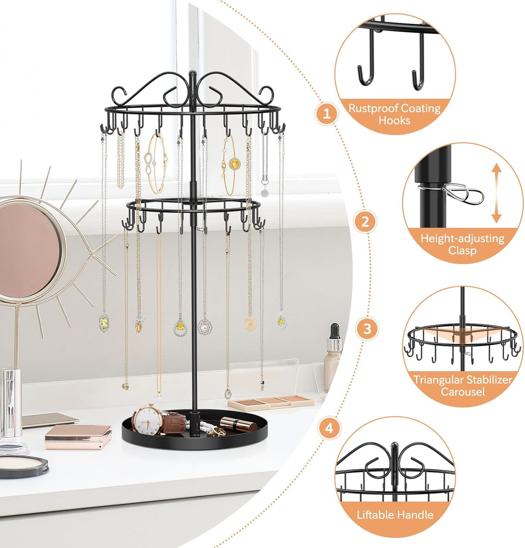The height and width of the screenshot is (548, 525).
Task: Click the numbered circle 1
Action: (x=327, y=114)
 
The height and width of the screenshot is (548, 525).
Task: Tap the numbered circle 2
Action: (x=366, y=222)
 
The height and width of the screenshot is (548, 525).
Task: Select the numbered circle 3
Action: (x=367, y=329)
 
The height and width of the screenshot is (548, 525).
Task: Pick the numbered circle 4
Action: (x=329, y=428)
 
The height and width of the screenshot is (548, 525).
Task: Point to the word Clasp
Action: (x=462, y=250)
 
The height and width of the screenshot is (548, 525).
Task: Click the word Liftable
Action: (x=376, y=514)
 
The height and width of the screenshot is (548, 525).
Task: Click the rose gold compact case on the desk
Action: (x=78, y=437)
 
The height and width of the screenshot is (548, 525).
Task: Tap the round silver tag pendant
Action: (x=264, y=193)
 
